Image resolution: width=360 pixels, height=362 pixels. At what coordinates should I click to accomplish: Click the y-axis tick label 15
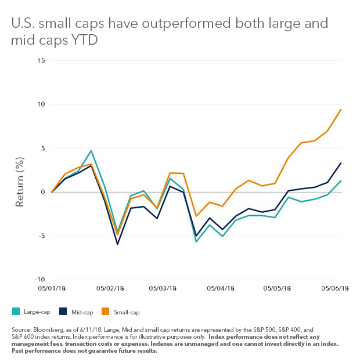tap(40, 60)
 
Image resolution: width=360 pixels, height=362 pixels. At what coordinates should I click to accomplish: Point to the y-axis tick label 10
tap(40, 104)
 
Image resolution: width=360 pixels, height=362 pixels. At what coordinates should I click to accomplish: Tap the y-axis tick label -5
tap(40, 236)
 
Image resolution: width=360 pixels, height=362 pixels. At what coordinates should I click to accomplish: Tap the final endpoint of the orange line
tap(341, 109)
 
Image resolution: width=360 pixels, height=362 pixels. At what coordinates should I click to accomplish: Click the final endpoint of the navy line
tap(341, 163)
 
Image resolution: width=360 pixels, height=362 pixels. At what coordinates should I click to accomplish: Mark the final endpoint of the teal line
tap(341, 180)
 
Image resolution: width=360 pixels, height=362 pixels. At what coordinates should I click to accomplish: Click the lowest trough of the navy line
tap(118, 244)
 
